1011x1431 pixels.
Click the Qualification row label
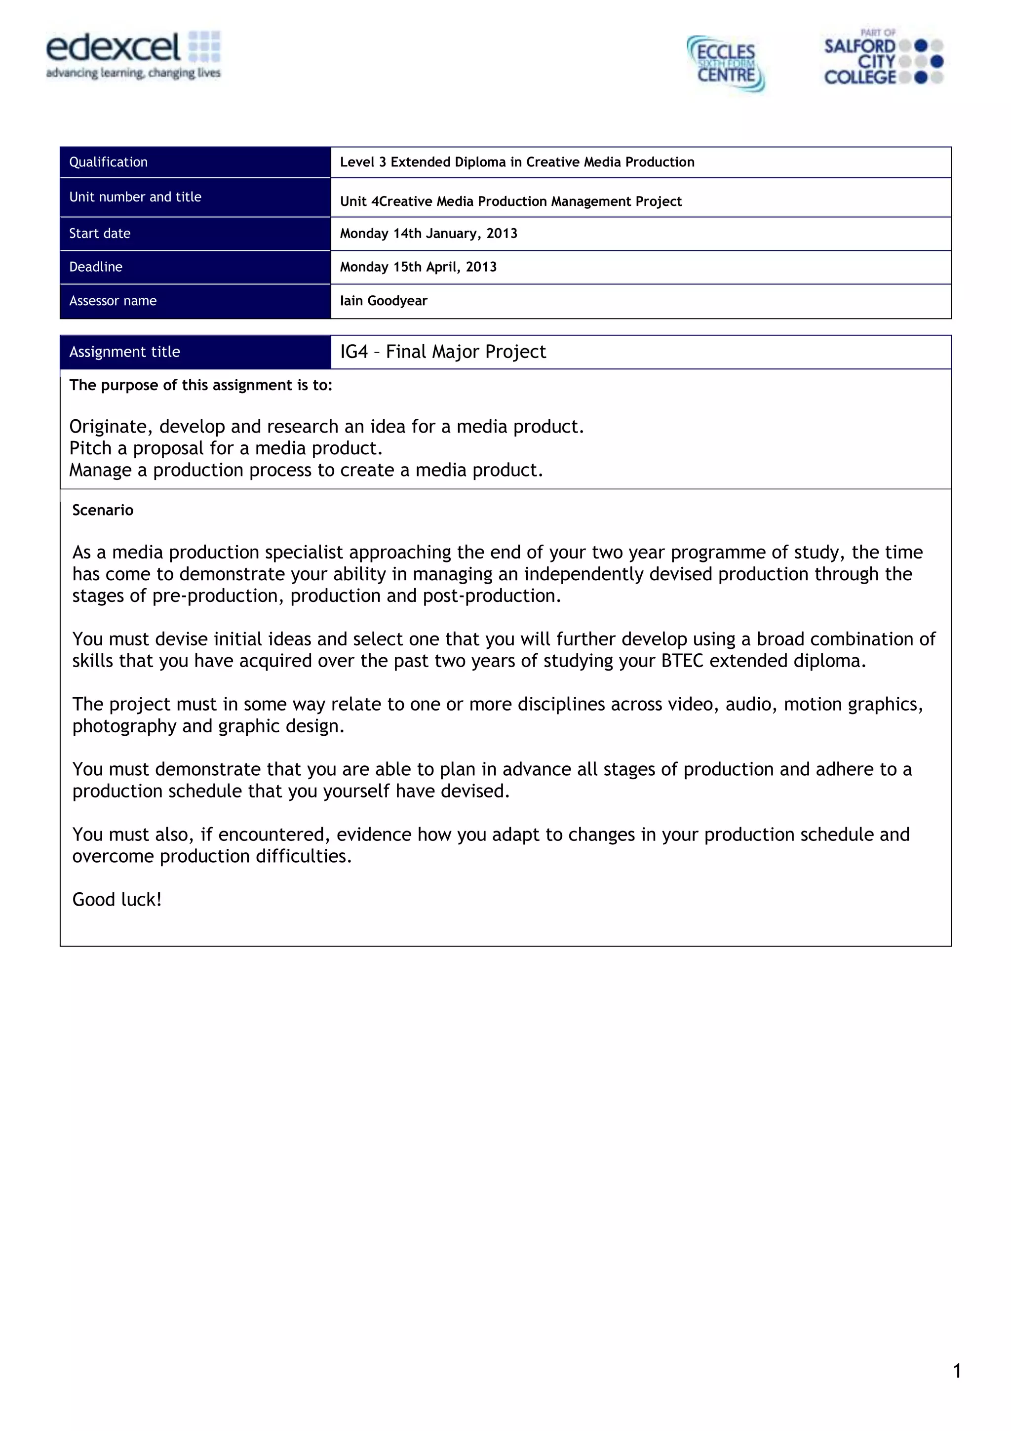click(109, 162)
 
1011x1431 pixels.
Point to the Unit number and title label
click(135, 197)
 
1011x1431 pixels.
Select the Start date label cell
click(100, 234)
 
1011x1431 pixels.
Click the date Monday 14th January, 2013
click(428, 234)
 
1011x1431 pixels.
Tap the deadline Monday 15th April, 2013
click(418, 267)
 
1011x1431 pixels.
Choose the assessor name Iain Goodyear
click(383, 301)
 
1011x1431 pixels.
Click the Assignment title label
click(124, 352)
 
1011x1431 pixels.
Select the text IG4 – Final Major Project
click(442, 352)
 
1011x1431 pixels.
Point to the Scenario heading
click(103, 511)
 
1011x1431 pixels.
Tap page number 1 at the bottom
click(957, 1371)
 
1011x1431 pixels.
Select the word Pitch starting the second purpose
click(90, 449)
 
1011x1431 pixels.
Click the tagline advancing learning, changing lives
click(133, 74)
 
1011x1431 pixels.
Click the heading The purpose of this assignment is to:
click(200, 386)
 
